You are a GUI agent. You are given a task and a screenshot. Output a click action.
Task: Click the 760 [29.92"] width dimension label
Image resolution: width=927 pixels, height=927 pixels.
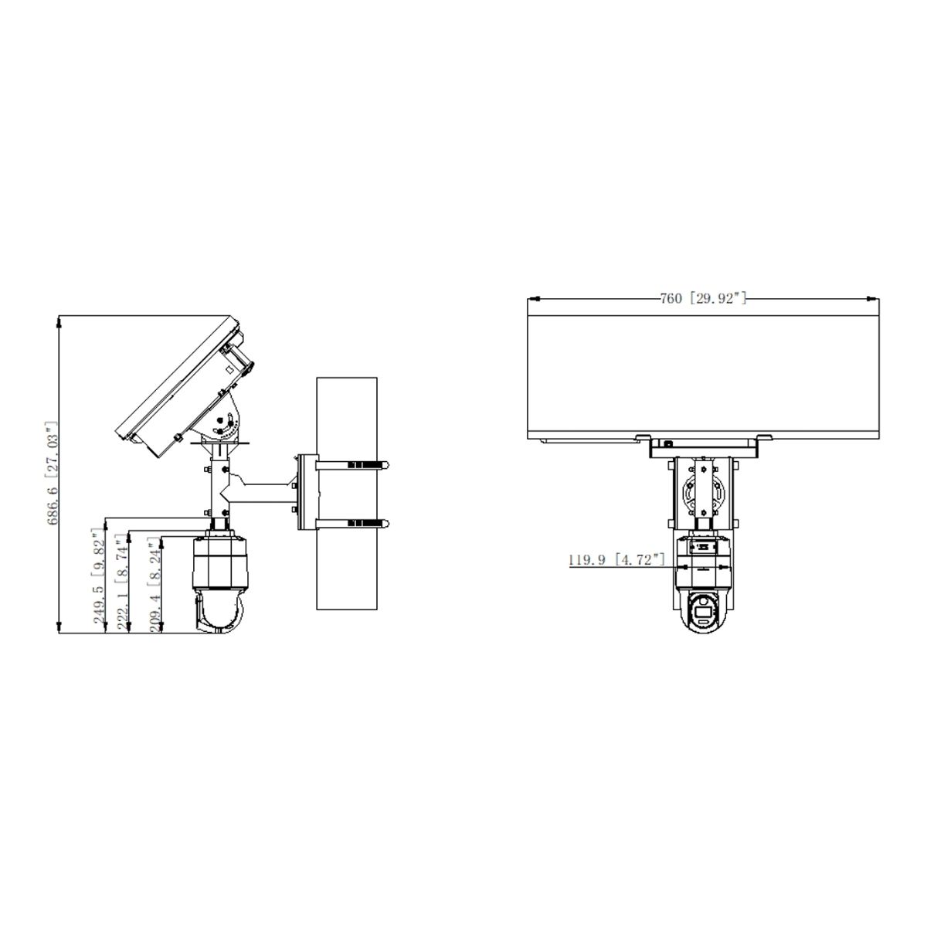click(x=702, y=298)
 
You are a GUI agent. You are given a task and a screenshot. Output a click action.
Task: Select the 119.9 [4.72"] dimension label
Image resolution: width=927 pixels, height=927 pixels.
click(x=616, y=560)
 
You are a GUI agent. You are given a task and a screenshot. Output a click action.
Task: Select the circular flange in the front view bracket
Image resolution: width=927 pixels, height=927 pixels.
click(x=703, y=491)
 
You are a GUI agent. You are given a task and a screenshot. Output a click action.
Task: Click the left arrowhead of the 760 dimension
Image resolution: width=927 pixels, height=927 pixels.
click(x=531, y=298)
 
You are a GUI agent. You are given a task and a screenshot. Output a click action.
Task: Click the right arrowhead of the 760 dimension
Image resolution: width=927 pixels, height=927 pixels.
click(x=875, y=298)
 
